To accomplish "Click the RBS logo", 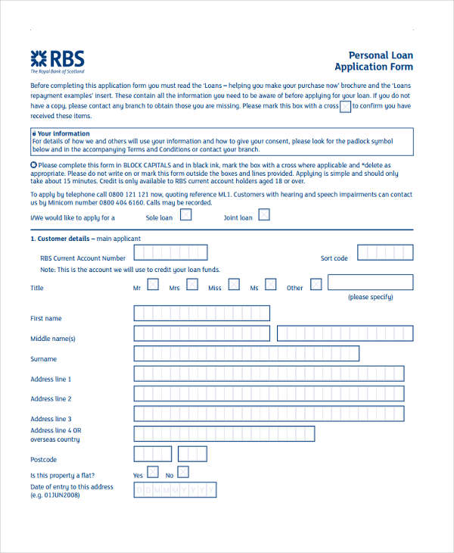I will [58, 61].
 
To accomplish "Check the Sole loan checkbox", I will [185, 215].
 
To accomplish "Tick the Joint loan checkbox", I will [264, 215].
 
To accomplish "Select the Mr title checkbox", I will [153, 285].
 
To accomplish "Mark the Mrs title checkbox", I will [192, 285].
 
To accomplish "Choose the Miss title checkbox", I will [234, 285].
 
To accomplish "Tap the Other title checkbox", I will [316, 285].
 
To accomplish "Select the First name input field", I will [201, 314].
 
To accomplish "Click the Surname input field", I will [246, 354].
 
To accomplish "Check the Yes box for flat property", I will [153, 473].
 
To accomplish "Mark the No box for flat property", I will [183, 473].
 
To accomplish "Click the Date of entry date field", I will [175, 490].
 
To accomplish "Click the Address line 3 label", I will [51, 419].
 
